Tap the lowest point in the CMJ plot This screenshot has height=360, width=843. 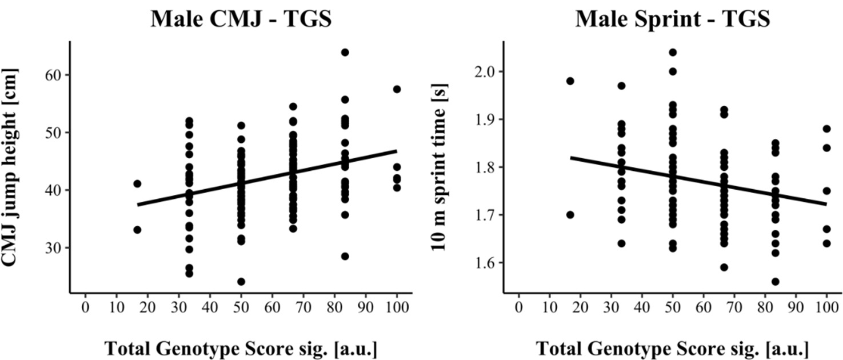[241, 282]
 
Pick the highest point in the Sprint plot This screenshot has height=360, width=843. [673, 53]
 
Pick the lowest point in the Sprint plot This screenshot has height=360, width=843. [775, 282]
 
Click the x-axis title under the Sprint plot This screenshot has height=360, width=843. [673, 348]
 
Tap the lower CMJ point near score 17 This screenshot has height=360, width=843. [137, 230]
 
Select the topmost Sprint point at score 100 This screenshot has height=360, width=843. [826, 129]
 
